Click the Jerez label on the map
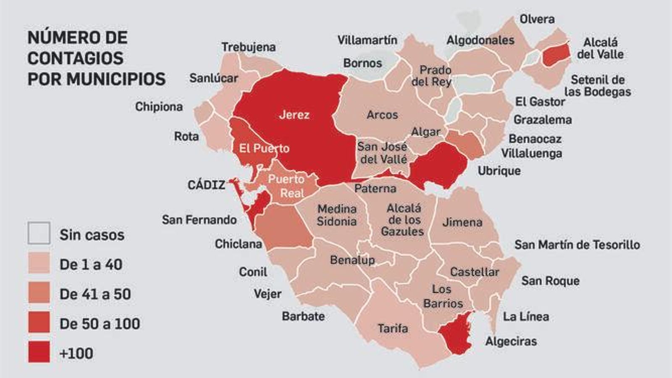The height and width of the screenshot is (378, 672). (x=294, y=115)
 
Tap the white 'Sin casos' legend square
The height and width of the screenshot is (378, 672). (x=39, y=233)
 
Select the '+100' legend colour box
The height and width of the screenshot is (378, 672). (x=39, y=352)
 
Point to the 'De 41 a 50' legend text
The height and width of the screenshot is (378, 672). (x=95, y=294)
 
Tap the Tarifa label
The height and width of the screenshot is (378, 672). (x=392, y=328)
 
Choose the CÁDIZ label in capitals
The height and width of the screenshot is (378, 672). (x=206, y=185)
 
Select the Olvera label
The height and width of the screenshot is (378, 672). (x=537, y=19)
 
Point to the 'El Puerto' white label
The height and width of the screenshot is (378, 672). (x=264, y=148)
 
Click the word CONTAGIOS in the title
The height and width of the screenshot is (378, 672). (x=75, y=58)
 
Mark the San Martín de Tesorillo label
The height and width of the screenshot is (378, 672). (x=577, y=244)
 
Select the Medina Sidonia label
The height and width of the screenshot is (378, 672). (x=336, y=215)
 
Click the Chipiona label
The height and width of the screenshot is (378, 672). (x=159, y=107)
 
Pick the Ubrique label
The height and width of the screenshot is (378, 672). (x=499, y=171)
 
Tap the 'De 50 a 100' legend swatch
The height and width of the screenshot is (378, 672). (x=39, y=322)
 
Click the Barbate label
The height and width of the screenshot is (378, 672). (x=303, y=316)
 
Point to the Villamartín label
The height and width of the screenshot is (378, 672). (x=367, y=40)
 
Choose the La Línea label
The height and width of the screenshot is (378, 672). (x=526, y=316)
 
